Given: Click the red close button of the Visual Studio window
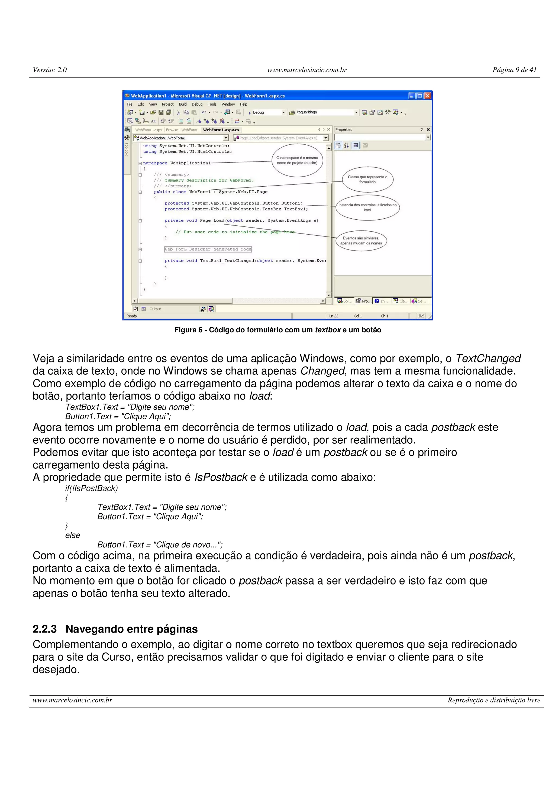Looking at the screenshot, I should tap(427, 96).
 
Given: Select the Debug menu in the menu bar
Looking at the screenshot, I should tap(197, 104).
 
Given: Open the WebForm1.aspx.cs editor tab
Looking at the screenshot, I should tap(221, 130).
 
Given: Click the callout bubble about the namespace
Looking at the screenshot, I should tap(297, 160).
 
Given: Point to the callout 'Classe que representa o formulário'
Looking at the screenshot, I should tap(368, 180).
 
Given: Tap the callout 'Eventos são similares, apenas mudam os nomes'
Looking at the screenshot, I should tap(361, 241).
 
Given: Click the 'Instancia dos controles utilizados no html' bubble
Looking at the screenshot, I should tap(368, 207).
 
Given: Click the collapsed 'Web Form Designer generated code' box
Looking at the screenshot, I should tap(208, 249).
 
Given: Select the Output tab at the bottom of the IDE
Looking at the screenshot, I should tap(155, 309).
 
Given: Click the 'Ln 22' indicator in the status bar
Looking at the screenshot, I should tap(334, 316).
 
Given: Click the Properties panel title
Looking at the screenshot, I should tap(344, 129).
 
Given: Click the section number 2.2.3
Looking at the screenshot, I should tap(44, 629).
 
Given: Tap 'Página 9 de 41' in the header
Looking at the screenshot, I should tap(514, 70).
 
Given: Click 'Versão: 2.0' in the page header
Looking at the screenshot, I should tap(50, 70).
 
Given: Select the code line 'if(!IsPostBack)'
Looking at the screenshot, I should tap(91, 488).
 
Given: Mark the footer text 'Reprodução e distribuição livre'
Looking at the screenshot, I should tap(494, 700).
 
